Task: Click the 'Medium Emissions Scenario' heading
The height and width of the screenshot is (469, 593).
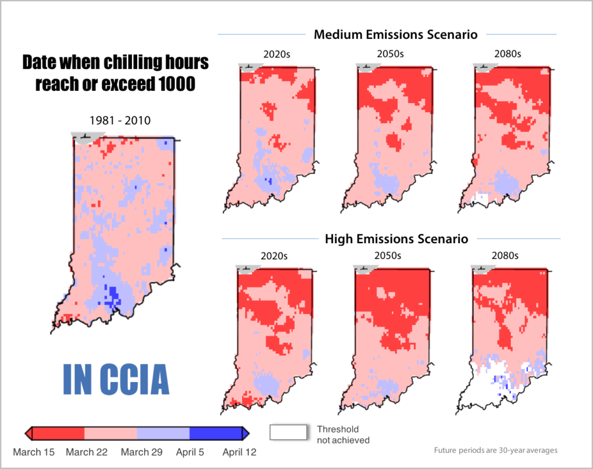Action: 396,35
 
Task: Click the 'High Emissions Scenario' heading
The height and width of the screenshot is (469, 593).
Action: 396,239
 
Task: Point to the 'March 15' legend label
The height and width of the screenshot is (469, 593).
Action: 34,452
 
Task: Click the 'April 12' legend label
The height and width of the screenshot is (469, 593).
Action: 239,452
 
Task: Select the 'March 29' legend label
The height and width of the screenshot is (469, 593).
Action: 137,452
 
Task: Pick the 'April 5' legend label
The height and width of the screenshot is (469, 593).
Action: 190,452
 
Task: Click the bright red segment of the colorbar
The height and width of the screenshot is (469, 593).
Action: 58,433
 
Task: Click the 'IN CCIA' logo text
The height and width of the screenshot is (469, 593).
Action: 115,379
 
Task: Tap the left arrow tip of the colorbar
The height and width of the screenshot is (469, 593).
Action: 27,433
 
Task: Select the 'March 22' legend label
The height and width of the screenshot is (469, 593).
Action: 86,452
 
